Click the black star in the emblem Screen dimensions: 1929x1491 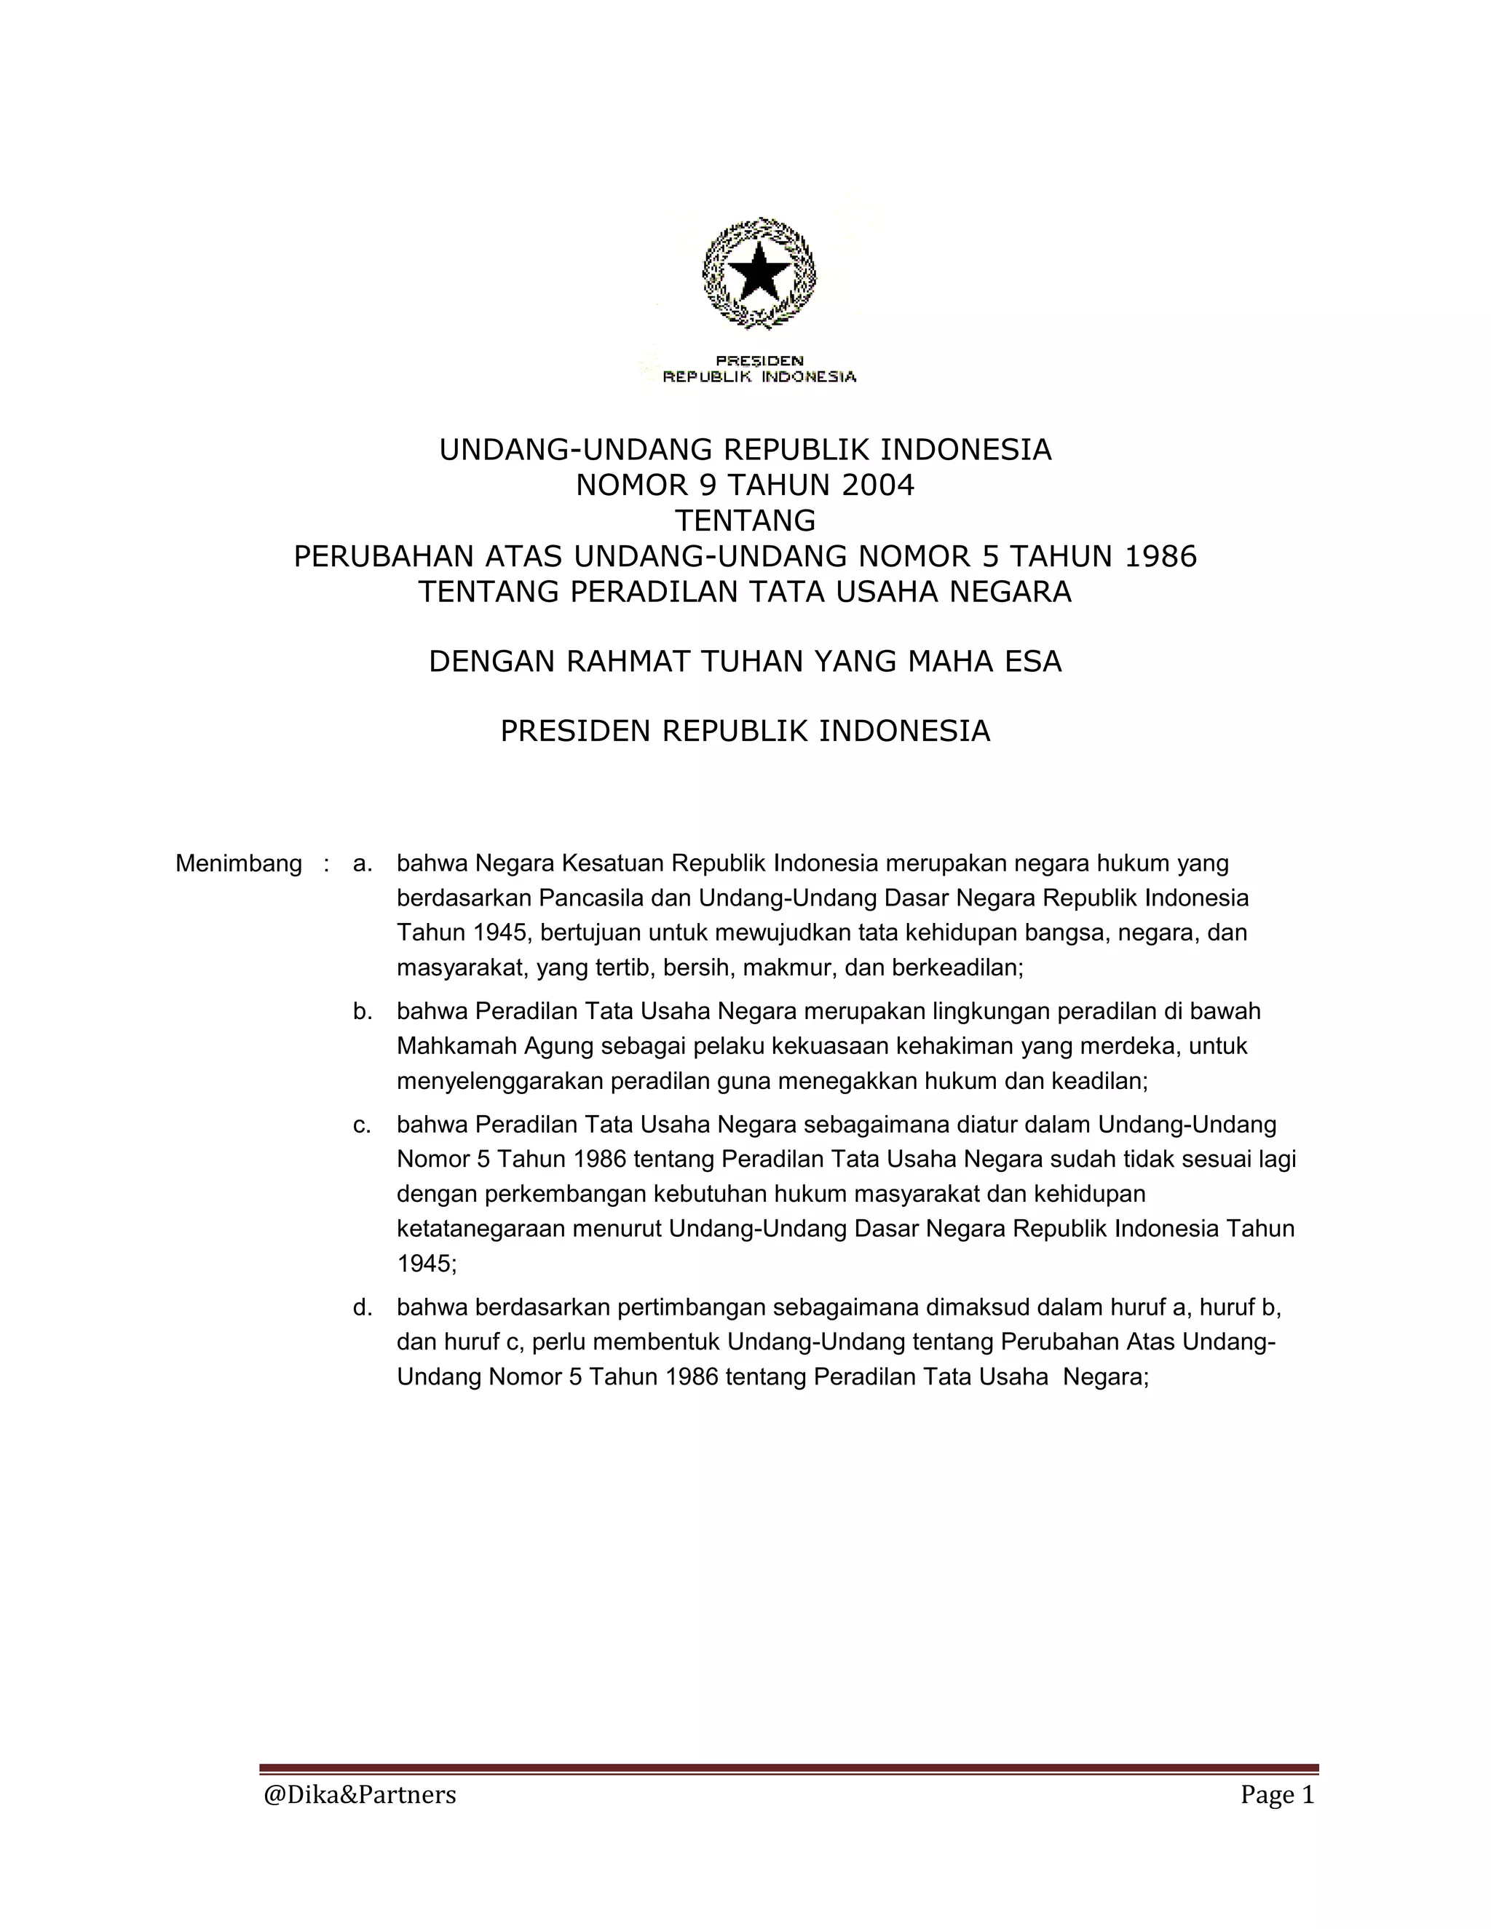[759, 272]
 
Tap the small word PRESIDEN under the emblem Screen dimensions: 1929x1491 [759, 360]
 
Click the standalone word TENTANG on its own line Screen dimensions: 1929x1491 [745, 520]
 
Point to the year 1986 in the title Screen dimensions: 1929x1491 [1161, 555]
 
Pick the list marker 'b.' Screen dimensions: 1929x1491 [362, 1010]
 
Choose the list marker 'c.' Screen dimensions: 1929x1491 [362, 1125]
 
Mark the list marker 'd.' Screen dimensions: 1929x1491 [362, 1307]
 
